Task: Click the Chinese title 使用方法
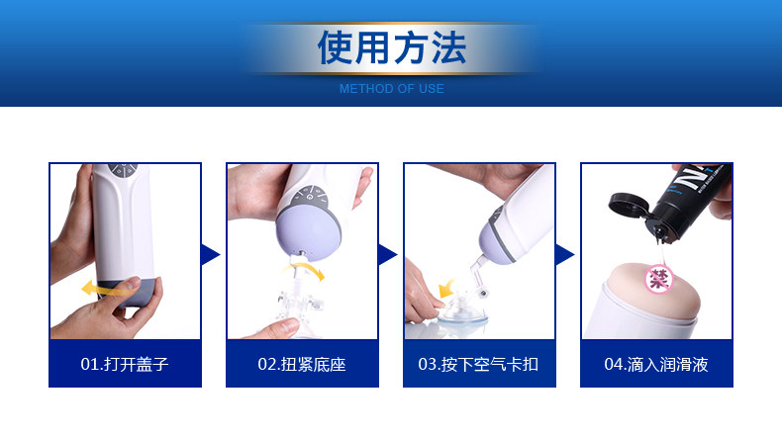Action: click(x=392, y=47)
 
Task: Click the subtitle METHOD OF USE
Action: click(x=392, y=89)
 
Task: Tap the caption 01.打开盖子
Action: click(x=125, y=364)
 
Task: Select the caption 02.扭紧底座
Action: click(x=302, y=364)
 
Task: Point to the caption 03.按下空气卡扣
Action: click(x=478, y=364)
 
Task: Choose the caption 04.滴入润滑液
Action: click(x=656, y=364)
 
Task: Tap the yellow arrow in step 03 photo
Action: click(x=446, y=289)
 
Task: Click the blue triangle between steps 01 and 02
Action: click(x=209, y=255)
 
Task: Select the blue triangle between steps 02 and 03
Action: click(x=386, y=255)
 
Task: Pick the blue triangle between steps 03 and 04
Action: click(x=563, y=255)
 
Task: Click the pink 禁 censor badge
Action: click(x=659, y=279)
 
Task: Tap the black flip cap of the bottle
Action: click(x=629, y=205)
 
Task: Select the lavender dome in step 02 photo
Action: click(x=308, y=233)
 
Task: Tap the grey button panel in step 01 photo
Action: click(x=123, y=170)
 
